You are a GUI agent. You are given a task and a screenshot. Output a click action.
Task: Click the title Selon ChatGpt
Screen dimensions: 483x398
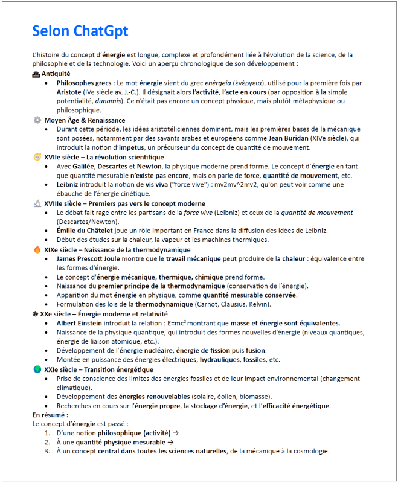click(x=80, y=31)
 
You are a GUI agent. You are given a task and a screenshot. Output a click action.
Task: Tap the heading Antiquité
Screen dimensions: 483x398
click(x=56, y=74)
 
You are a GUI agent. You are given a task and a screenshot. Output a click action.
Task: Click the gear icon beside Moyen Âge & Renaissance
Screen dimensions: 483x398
click(x=37, y=120)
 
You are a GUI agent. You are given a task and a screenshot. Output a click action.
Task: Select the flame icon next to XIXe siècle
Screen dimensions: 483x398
click(x=37, y=249)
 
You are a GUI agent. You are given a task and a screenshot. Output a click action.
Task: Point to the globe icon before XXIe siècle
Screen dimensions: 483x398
click(x=37, y=369)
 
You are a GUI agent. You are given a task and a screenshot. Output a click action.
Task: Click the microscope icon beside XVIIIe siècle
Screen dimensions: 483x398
click(x=37, y=203)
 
